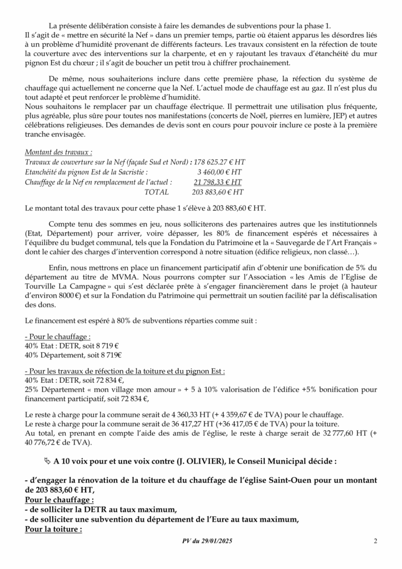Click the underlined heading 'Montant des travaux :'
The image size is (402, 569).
point(59,152)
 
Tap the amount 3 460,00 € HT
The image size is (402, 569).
point(220,172)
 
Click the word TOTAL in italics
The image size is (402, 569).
point(156,192)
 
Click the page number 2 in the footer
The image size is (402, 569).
point(375,541)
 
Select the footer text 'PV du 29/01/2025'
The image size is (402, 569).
point(207,541)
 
